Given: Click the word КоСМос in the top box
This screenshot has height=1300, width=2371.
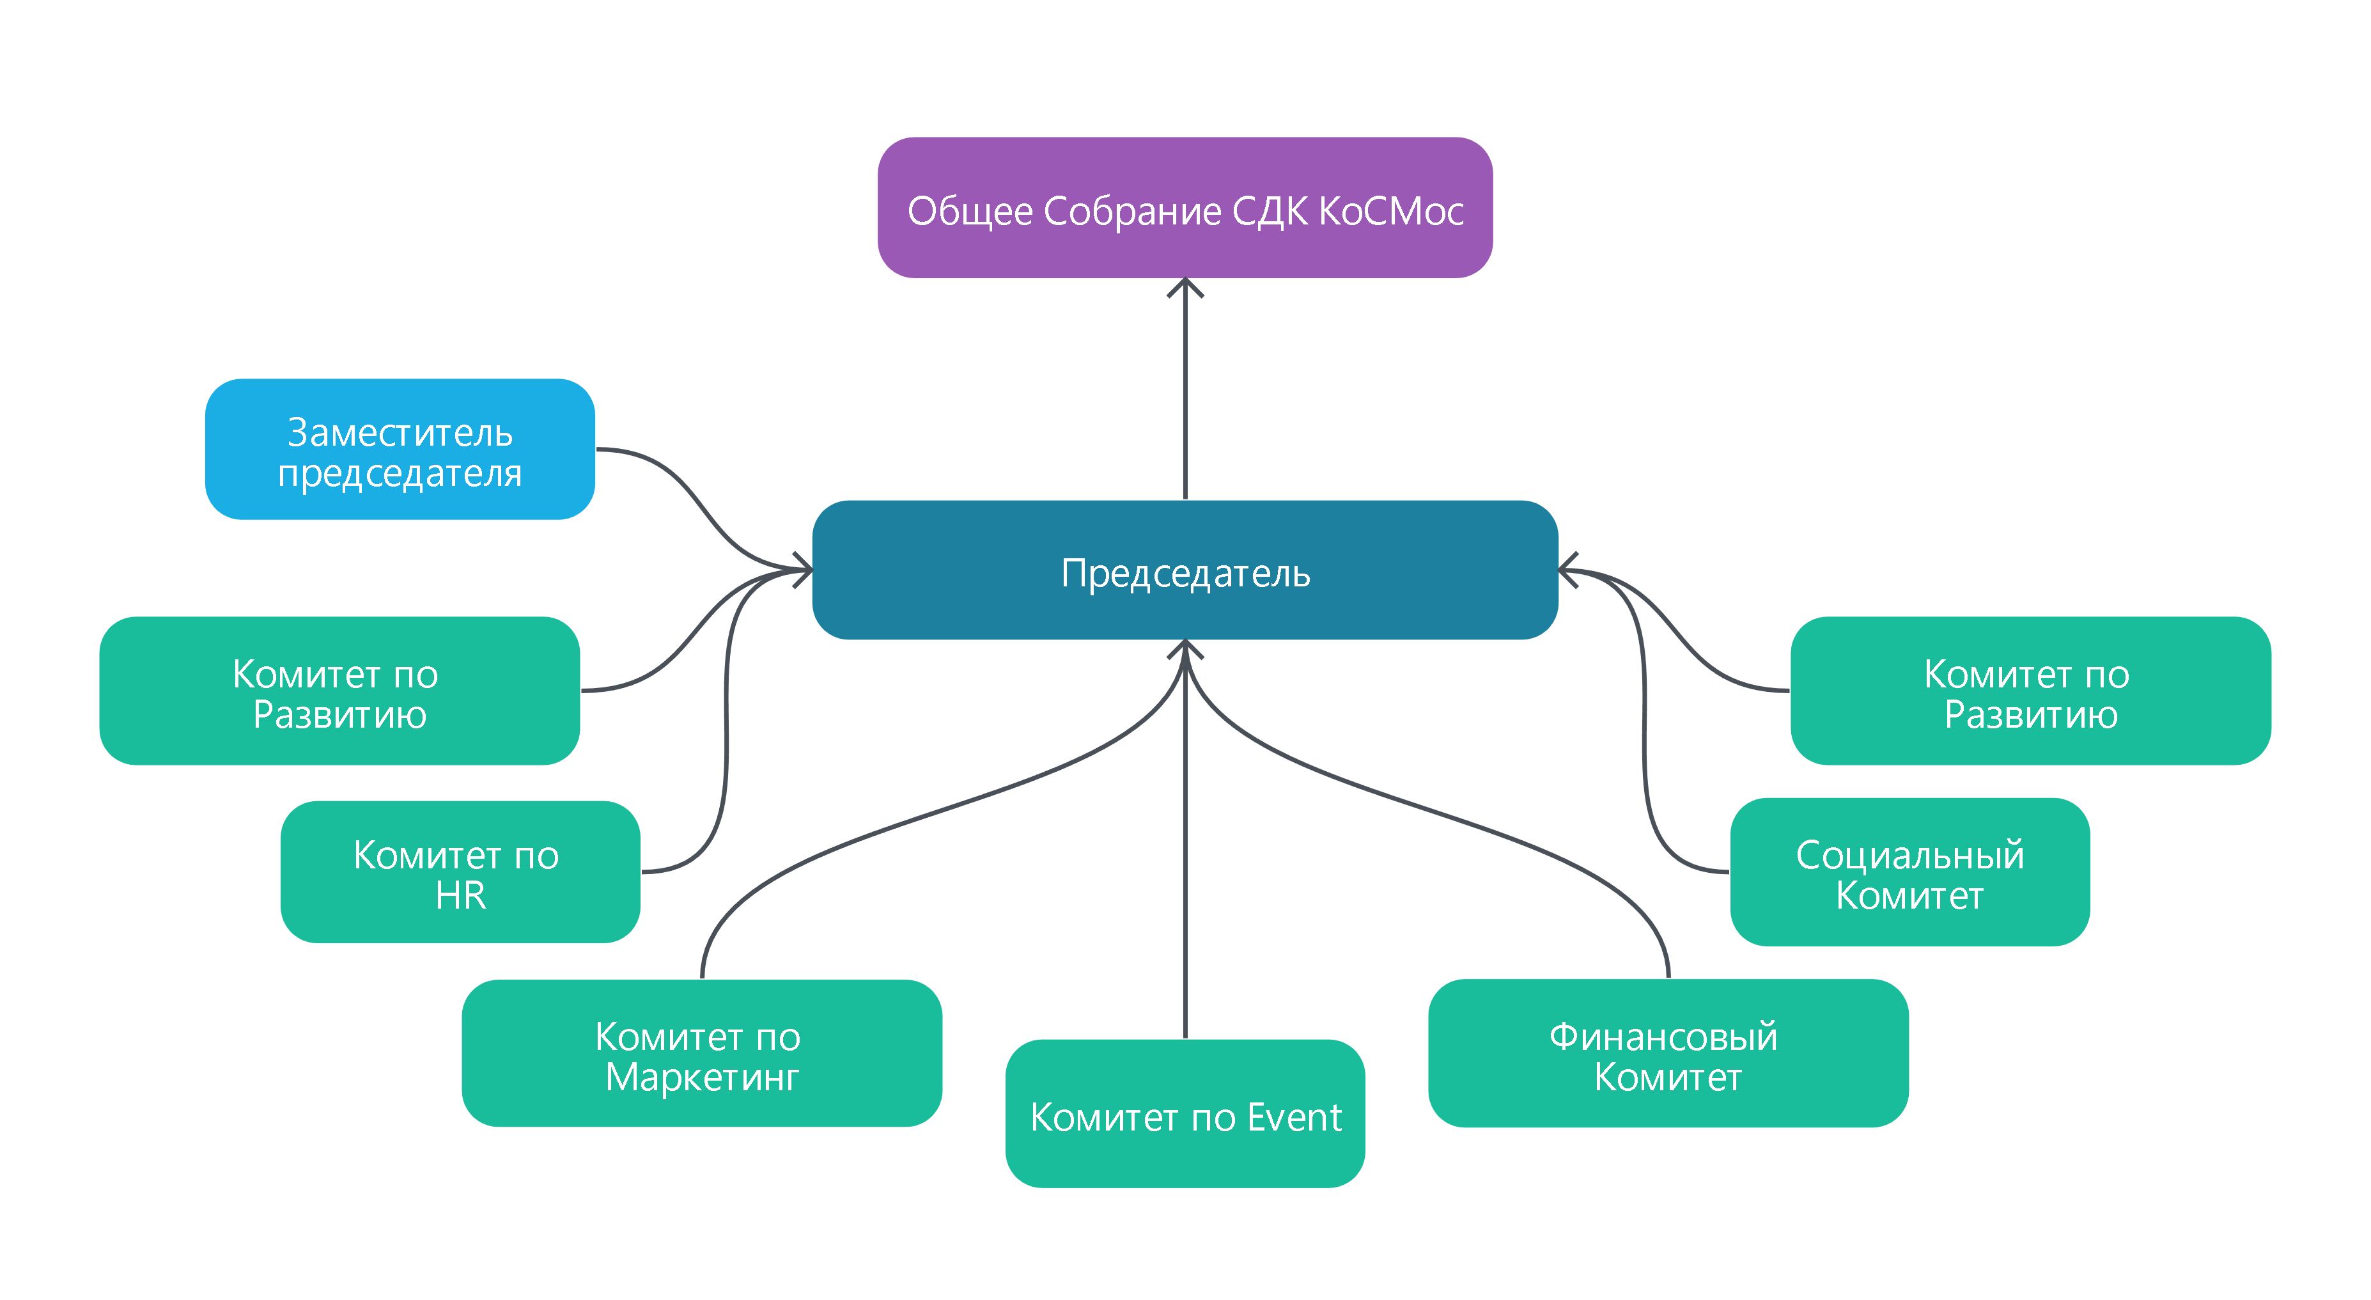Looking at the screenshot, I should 1391,211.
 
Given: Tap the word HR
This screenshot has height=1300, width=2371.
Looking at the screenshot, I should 460,895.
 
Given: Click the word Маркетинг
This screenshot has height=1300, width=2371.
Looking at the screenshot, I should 701,1077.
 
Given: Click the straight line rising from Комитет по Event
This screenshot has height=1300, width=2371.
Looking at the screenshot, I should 1185,875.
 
